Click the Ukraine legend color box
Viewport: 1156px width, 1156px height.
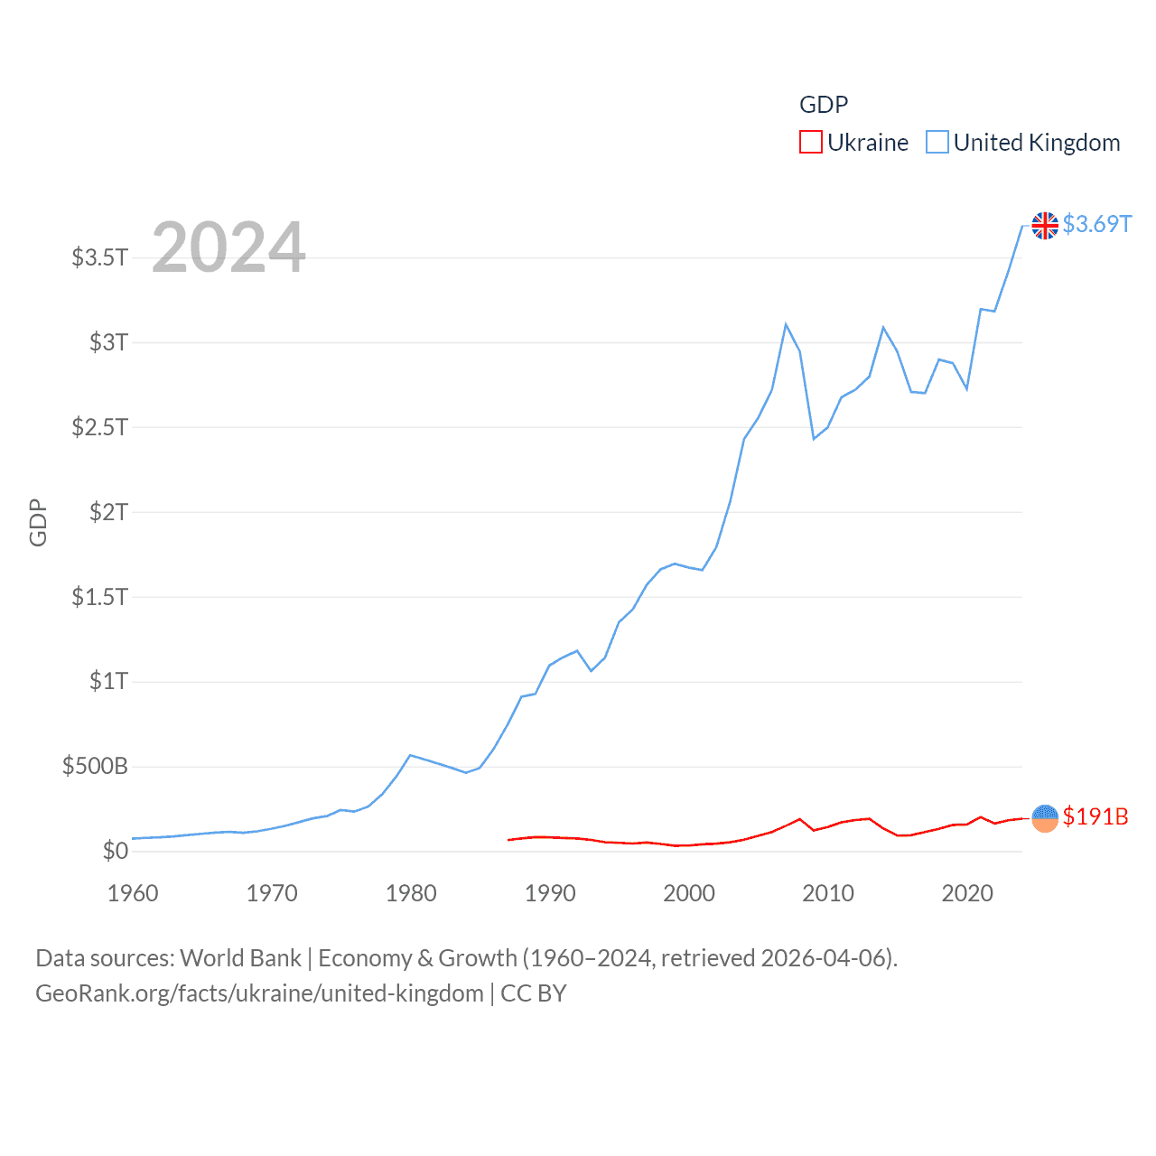(810, 143)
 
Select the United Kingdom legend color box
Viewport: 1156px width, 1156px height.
(937, 143)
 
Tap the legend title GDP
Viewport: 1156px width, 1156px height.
(824, 105)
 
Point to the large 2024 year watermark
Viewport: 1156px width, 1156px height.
(228, 247)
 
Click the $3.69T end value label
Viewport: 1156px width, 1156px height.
(1096, 224)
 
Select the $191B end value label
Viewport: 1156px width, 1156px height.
(1095, 816)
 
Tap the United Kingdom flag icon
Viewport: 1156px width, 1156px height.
(1045, 225)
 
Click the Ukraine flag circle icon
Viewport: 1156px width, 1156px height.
(1045, 818)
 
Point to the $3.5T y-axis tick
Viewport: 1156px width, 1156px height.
(100, 257)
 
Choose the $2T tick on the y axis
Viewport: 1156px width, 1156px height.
(109, 512)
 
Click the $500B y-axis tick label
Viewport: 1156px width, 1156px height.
(95, 767)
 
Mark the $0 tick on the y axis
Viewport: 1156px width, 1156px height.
(116, 851)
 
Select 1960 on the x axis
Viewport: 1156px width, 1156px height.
(133, 893)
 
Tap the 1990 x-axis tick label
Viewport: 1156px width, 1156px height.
(550, 893)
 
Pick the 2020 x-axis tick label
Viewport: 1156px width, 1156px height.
(967, 893)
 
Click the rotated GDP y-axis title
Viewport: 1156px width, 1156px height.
(38, 522)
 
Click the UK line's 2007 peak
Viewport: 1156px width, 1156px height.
(786, 324)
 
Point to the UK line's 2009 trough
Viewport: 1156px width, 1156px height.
(814, 439)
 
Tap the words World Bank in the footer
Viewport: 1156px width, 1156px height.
(241, 957)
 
